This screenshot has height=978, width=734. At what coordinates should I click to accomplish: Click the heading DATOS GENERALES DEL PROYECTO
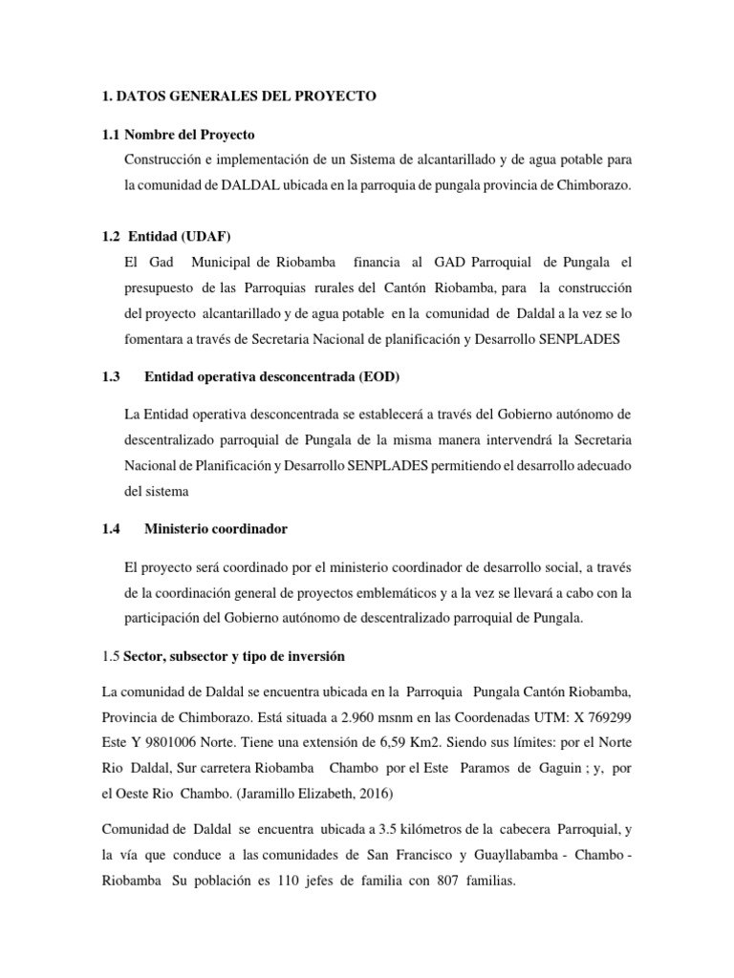pyautogui.click(x=248, y=96)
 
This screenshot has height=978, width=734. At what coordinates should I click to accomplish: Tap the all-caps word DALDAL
pyautogui.click(x=249, y=183)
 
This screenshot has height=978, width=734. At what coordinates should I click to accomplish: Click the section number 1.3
pyautogui.click(x=109, y=376)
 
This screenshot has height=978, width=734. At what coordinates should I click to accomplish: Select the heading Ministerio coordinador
pyautogui.click(x=215, y=528)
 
